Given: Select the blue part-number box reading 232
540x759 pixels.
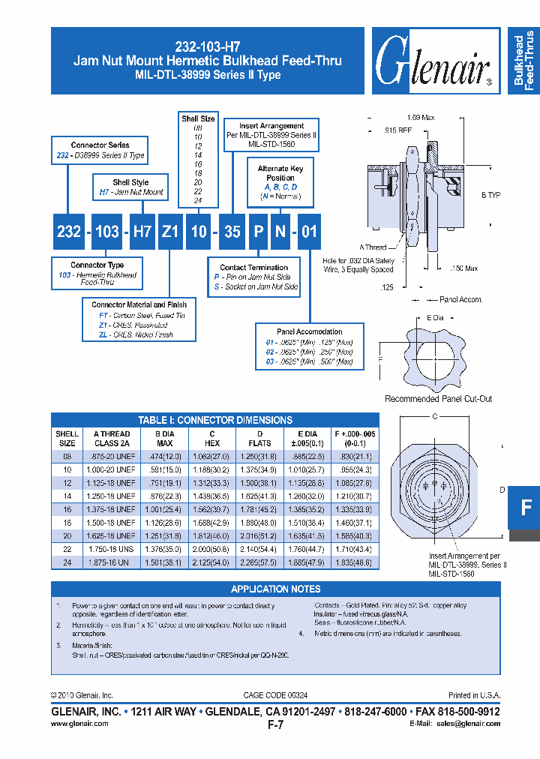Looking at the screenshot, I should coord(69,232).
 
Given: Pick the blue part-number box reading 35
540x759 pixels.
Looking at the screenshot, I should coord(232,232).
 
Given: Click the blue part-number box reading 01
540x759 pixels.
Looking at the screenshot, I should coord(308,232).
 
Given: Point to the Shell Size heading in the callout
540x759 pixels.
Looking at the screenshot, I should coord(198,118).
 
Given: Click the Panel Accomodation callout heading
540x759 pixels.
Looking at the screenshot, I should coord(309,331).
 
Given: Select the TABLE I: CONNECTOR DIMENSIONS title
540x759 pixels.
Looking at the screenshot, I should coord(215,420).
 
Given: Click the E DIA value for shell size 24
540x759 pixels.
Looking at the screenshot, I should coord(307,562).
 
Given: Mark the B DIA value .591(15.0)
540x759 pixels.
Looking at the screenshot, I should coord(163,469).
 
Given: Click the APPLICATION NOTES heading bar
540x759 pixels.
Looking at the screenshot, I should coord(275,589).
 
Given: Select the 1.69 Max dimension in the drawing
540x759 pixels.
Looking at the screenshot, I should coord(420,118).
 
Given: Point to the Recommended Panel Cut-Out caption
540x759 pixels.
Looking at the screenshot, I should coord(438,399).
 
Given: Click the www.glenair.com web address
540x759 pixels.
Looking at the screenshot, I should coord(79,724).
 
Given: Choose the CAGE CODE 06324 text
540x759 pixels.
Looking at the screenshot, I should coord(276,695).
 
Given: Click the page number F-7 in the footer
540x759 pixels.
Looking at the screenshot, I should coord(275,725).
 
